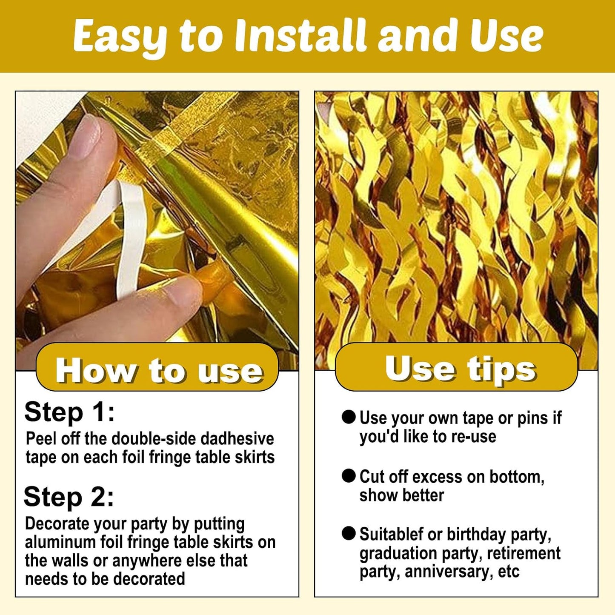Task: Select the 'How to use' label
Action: click(159, 370)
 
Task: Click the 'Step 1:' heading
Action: click(69, 413)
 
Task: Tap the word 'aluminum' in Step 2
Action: click(58, 542)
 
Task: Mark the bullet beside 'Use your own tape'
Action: click(349, 418)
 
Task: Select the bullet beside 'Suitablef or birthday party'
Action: click(349, 534)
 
